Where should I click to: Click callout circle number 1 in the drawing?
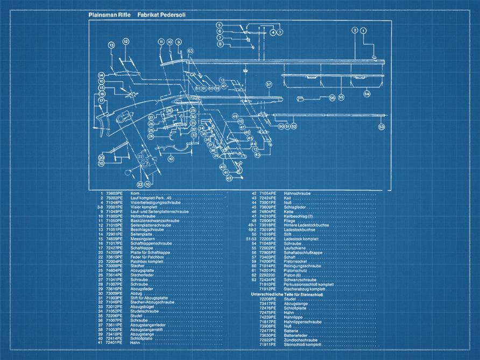click(364, 31)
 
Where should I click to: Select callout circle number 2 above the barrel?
click(355, 31)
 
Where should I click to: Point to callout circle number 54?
click(366, 94)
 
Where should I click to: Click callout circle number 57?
click(269, 84)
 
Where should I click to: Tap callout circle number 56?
click(332, 97)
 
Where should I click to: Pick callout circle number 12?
click(125, 41)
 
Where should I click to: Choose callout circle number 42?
click(228, 178)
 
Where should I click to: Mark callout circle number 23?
click(140, 184)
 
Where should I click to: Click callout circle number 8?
click(220, 44)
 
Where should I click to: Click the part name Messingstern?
click(142, 240)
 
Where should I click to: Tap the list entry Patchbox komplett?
click(146, 261)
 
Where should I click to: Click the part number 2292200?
click(267, 276)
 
